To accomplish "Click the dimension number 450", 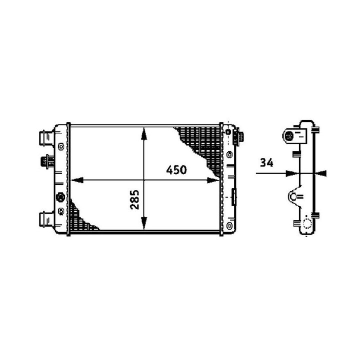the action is pos(176,170).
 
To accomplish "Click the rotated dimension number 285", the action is pos(135,199).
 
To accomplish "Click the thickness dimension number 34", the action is pos(267,162).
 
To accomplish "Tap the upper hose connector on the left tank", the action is pos(47,138).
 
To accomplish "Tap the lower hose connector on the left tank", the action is pos(47,219).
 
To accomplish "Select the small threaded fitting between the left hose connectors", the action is pos(47,161).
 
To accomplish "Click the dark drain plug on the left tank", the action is pos(60,197).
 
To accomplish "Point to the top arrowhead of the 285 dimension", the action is pos(143,134).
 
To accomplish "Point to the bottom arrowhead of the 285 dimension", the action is pos(143,223).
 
